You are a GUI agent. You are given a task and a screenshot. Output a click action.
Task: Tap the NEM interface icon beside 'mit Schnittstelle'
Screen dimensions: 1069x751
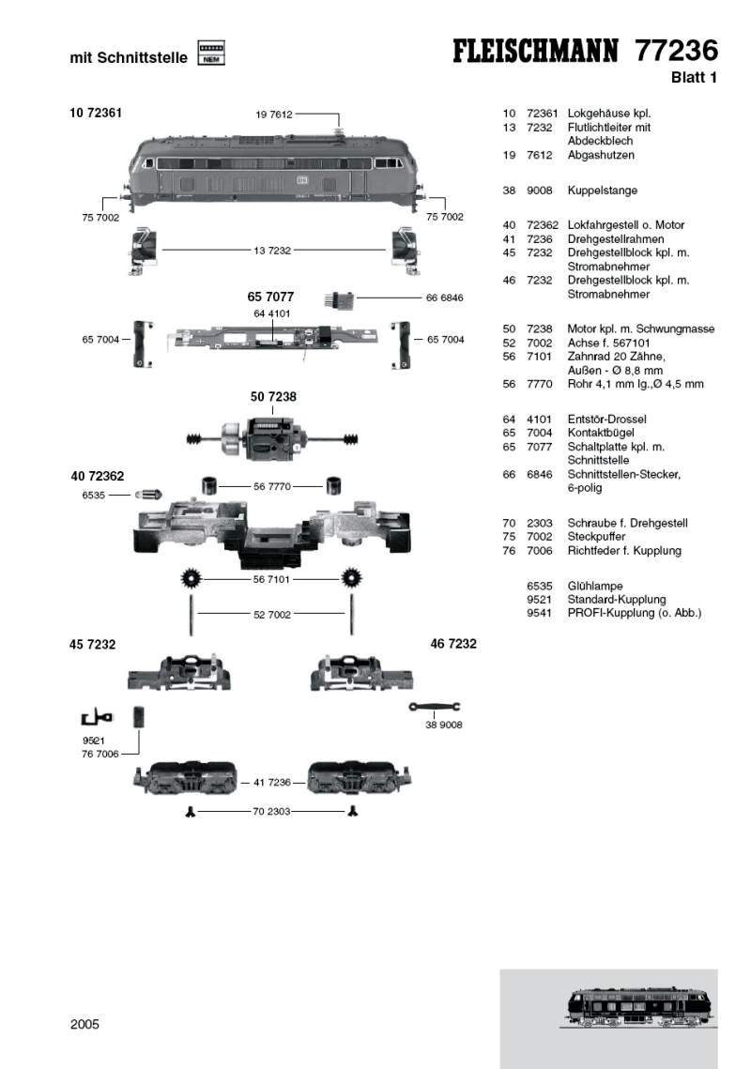pyautogui.click(x=212, y=53)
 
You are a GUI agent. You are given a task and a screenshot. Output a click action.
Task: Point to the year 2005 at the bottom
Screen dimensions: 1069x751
pyautogui.click(x=84, y=1024)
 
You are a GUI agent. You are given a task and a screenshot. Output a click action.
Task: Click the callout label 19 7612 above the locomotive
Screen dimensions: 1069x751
pyautogui.click(x=274, y=115)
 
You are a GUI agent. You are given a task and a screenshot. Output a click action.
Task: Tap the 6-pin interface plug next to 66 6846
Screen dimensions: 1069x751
pyautogui.click(x=342, y=299)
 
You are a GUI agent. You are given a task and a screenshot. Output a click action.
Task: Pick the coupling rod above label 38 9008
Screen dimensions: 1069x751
pyautogui.click(x=434, y=707)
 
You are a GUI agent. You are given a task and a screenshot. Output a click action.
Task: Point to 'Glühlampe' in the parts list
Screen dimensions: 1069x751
pyautogui.click(x=595, y=586)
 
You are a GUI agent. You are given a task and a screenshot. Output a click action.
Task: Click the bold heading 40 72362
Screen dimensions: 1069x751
pyautogui.click(x=97, y=477)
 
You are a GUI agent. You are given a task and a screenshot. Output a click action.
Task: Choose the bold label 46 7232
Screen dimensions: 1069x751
pyautogui.click(x=453, y=644)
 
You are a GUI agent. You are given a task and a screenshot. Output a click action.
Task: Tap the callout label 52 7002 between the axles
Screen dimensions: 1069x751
pyautogui.click(x=272, y=615)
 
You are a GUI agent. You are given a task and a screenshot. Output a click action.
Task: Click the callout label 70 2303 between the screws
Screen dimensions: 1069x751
pyautogui.click(x=272, y=810)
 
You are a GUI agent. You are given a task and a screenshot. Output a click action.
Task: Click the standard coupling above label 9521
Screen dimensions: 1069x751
pyautogui.click(x=96, y=719)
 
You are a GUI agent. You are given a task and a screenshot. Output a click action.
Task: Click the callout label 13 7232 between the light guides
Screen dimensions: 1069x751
pyautogui.click(x=272, y=251)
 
